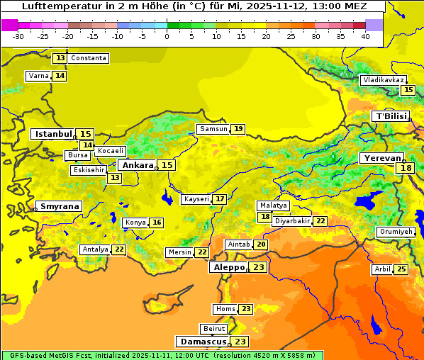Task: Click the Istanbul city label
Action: click(54, 133)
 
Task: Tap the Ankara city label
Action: click(137, 165)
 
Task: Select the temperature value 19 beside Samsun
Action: click(239, 129)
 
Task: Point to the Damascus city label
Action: click(203, 342)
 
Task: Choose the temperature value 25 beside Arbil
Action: click(401, 269)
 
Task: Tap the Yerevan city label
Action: click(381, 158)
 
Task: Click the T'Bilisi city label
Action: click(391, 116)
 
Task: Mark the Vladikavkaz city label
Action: click(384, 80)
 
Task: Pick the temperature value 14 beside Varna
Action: click(60, 76)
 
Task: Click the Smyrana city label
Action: click(60, 206)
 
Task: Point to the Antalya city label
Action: click(95, 249)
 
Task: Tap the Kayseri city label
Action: click(196, 199)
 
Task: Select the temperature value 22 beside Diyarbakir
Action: click(320, 221)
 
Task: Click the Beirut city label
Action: click(214, 329)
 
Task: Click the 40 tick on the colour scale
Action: click(365, 36)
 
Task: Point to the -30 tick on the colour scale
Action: click(18, 36)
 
